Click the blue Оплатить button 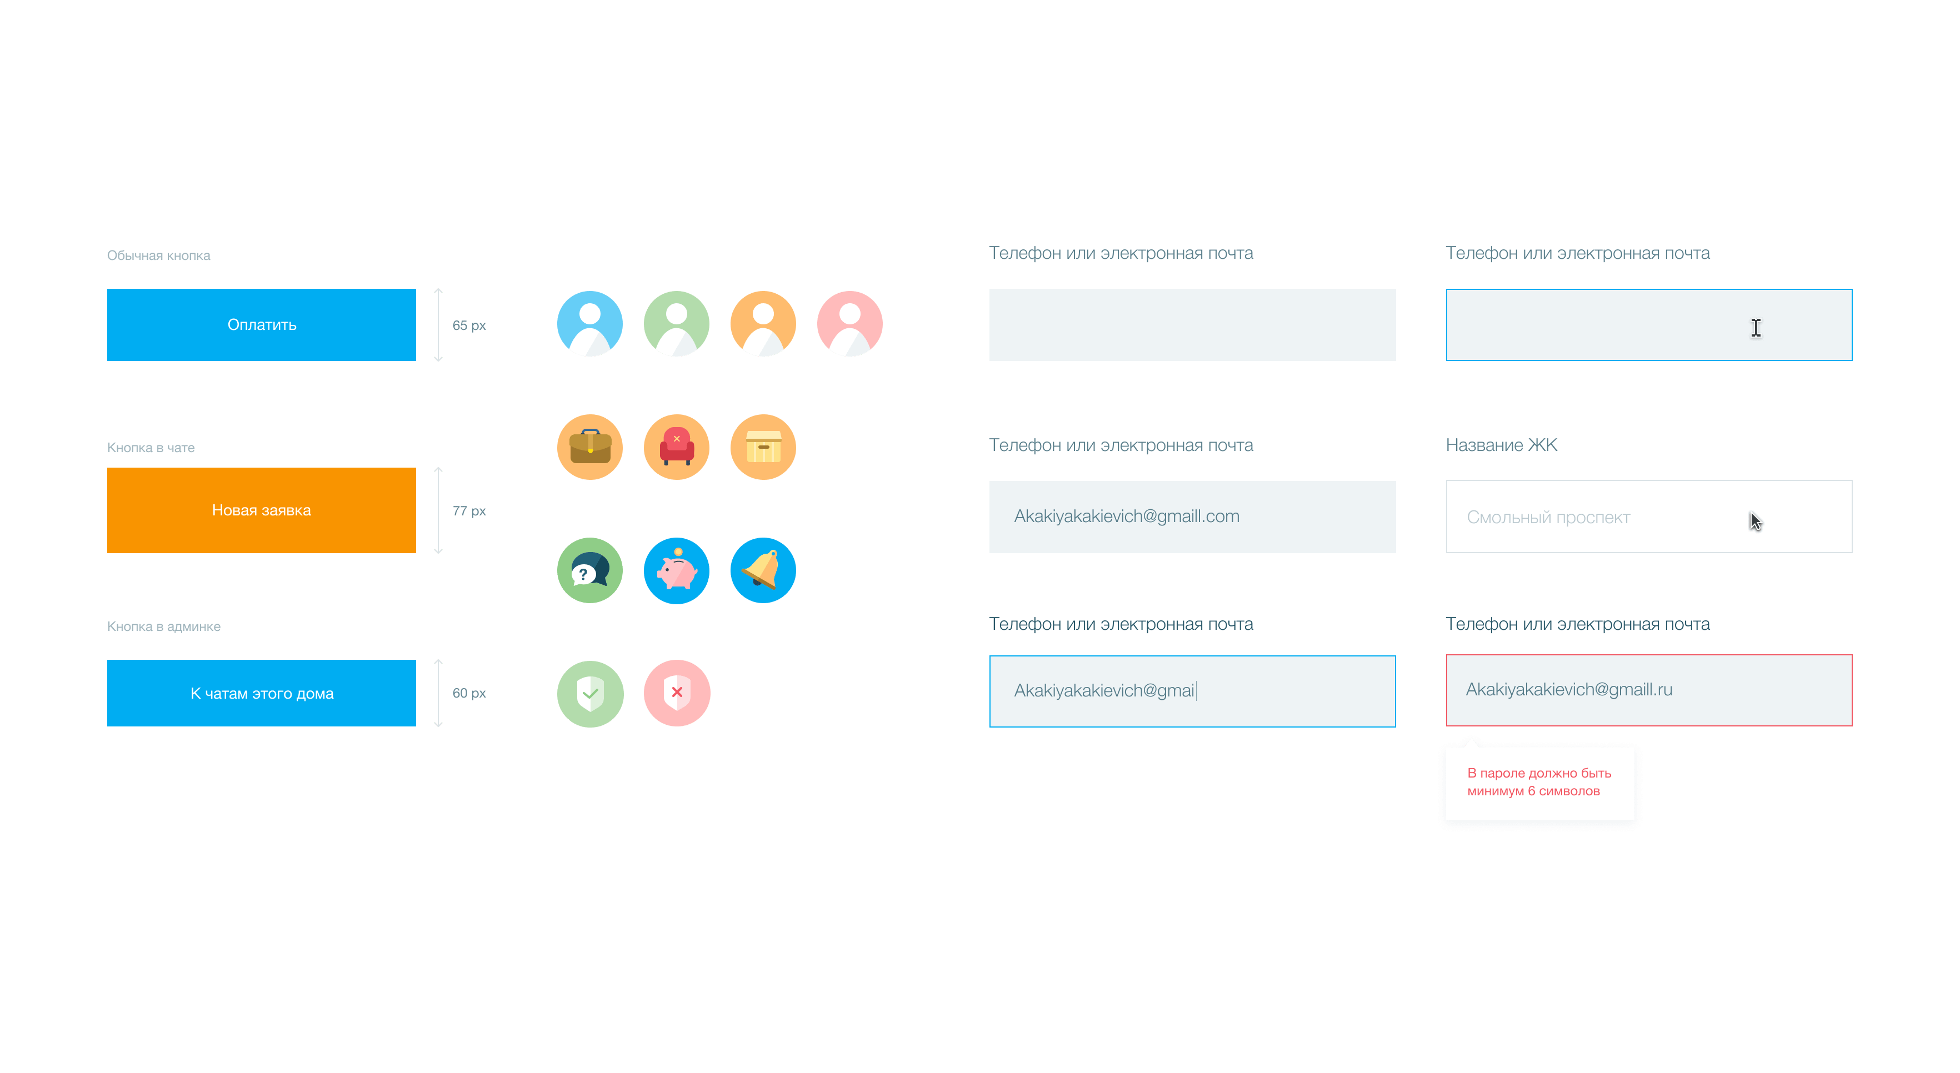(x=261, y=325)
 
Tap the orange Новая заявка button (x=261, y=510)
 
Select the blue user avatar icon (x=589, y=324)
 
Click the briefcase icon (x=589, y=447)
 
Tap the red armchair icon (x=677, y=447)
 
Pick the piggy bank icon (x=677, y=570)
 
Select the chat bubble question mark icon (x=589, y=570)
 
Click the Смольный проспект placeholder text (x=1548, y=518)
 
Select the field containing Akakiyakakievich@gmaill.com (x=1192, y=517)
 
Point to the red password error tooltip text (x=1538, y=783)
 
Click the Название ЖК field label (x=1501, y=445)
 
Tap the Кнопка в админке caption (x=163, y=626)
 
